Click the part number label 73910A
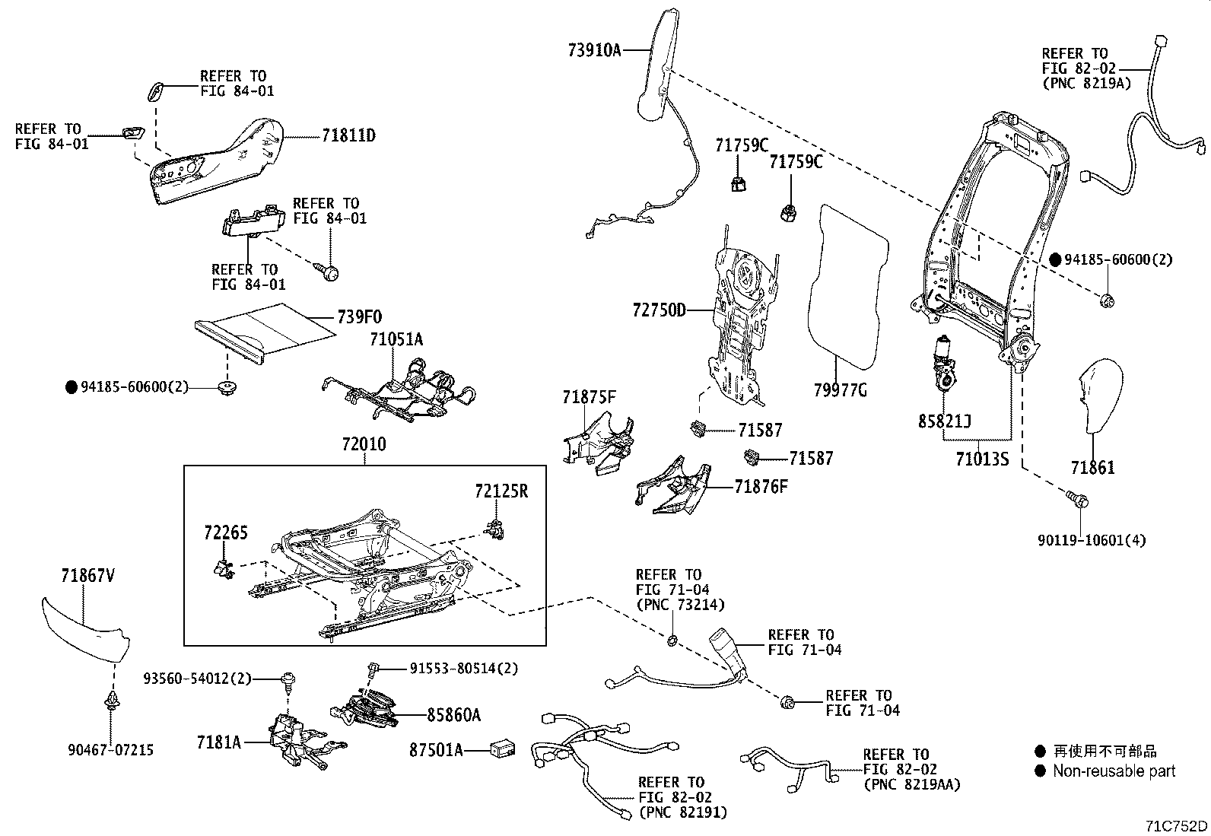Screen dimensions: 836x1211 [x=594, y=50]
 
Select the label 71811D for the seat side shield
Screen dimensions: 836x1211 [x=348, y=136]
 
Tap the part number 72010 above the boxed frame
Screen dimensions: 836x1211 [x=363, y=444]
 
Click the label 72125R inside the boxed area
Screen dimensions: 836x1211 [x=501, y=491]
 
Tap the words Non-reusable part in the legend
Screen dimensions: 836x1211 [x=1114, y=771]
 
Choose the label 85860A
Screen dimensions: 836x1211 [x=453, y=715]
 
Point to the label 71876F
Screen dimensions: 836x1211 [x=761, y=487]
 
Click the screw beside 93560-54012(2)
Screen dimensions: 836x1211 [x=289, y=679]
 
